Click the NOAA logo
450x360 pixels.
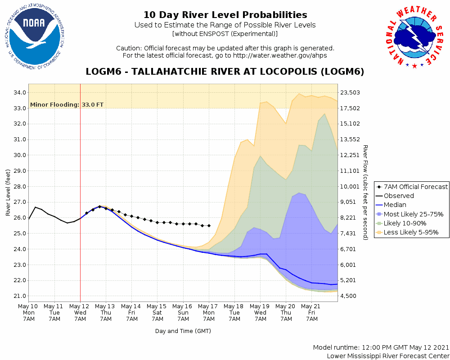coord(34,37)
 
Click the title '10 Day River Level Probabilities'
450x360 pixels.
coord(225,15)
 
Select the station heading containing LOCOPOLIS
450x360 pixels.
coord(225,72)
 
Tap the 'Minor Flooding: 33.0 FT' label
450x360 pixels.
coord(67,105)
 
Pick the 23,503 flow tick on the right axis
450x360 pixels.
coord(352,93)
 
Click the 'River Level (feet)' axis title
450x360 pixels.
coord(8,193)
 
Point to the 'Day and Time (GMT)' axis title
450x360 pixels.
coord(183,331)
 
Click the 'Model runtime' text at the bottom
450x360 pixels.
coord(381,348)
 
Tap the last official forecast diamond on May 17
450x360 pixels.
coord(209,225)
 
